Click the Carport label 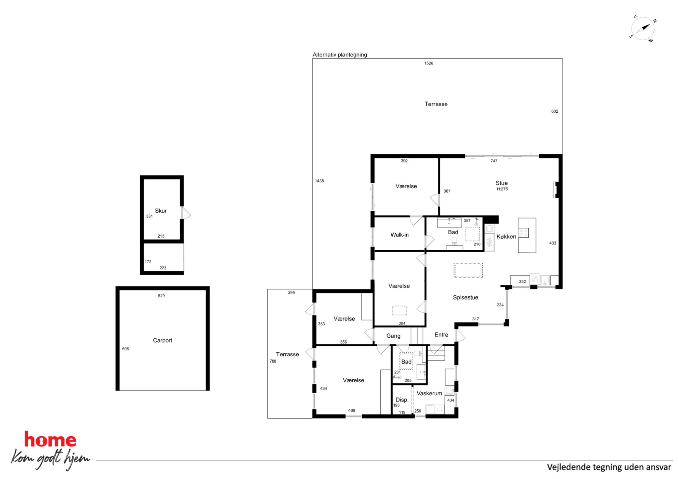[x=162, y=340]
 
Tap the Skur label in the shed [x=161, y=211]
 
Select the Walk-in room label [x=399, y=235]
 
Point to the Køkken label [x=506, y=237]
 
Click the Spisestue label [x=465, y=297]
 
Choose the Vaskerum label [x=429, y=393]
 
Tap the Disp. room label [x=402, y=400]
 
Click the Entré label [x=441, y=335]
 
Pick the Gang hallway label [x=393, y=336]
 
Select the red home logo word [x=50, y=439]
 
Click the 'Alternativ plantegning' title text [x=340, y=55]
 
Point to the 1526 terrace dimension [x=429, y=63]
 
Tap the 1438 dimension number [x=319, y=181]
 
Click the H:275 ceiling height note [x=502, y=189]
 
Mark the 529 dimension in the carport [x=161, y=296]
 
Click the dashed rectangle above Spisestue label [x=468, y=270]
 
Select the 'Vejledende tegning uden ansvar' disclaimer [x=609, y=467]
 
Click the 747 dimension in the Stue [x=494, y=161]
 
